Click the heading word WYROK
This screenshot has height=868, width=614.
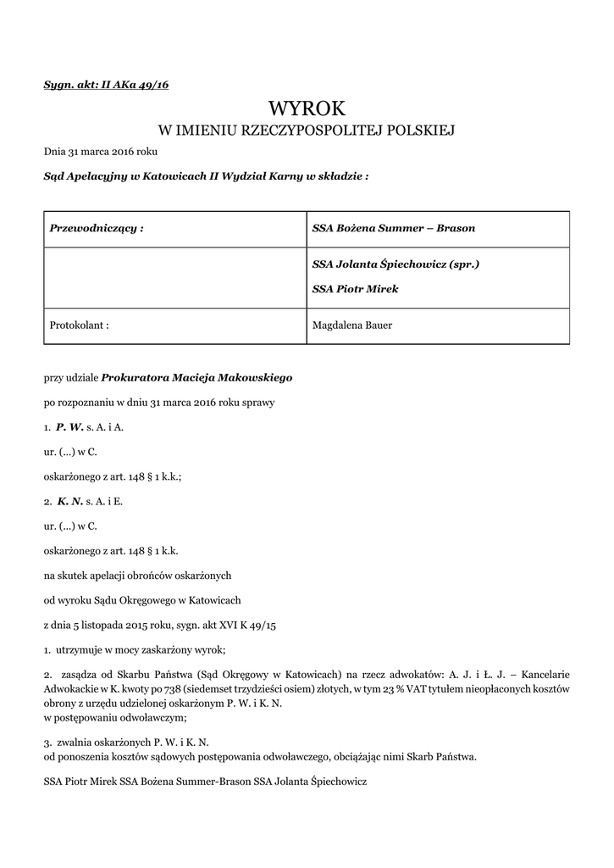tap(307, 108)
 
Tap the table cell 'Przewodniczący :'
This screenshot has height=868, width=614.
tap(97, 229)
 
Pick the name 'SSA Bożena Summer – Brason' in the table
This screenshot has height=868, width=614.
tap(394, 229)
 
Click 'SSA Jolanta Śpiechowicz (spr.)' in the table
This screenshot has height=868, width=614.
tap(396, 264)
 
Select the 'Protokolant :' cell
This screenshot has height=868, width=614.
tap(80, 324)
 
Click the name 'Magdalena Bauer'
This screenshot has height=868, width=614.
tap(352, 324)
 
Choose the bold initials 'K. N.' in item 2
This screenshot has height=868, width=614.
tap(70, 501)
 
